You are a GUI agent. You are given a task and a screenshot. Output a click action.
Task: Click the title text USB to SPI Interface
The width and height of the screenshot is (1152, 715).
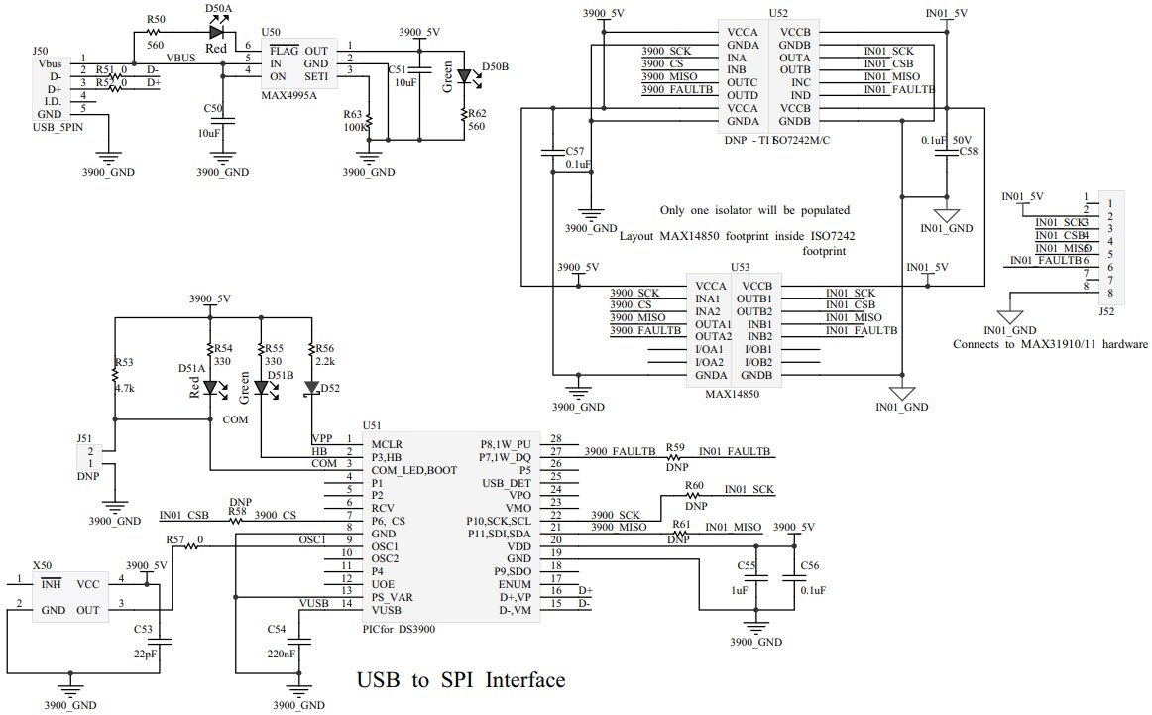[x=460, y=680]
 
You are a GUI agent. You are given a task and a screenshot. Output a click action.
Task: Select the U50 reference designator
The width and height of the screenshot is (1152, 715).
[x=270, y=33]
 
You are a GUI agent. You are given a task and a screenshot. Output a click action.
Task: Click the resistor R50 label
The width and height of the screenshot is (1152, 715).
[x=156, y=19]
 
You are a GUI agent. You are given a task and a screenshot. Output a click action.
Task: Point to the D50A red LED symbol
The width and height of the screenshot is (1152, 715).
[x=216, y=33]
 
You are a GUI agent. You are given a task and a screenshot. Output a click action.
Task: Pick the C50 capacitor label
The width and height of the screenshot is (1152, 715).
[x=212, y=107]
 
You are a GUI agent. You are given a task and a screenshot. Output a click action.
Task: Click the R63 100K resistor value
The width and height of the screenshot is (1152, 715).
[x=356, y=128]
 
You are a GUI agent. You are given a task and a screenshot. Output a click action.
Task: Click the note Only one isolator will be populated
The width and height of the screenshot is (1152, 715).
[x=754, y=210]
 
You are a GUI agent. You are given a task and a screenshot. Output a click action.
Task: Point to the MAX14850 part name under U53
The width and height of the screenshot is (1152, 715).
[x=733, y=394]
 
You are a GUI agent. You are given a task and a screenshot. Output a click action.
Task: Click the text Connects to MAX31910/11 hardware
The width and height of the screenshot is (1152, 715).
[x=1050, y=344]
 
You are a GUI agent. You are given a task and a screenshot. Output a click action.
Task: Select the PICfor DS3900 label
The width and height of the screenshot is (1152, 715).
[x=399, y=628]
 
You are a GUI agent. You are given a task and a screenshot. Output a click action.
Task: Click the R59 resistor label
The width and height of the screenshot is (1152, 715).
[x=675, y=447]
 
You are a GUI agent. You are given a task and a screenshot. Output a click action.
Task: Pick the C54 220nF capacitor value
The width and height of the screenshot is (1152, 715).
[x=280, y=654]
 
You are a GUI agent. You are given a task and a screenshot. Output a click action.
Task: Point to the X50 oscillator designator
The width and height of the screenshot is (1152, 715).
[x=43, y=563]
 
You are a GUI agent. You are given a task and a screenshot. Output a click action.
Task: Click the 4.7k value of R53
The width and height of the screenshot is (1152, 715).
[x=123, y=389]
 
